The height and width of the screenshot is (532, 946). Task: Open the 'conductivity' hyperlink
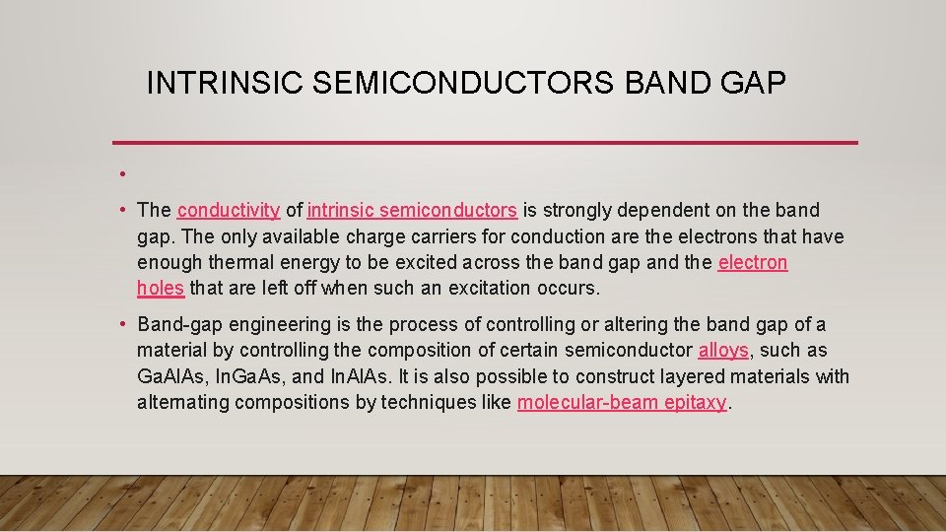tap(229, 210)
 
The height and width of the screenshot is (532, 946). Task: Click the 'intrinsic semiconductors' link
tap(412, 210)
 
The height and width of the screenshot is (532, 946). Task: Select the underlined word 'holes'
tap(161, 288)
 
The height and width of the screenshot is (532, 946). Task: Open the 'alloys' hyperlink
tap(723, 351)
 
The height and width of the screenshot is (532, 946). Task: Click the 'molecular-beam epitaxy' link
tap(621, 402)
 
